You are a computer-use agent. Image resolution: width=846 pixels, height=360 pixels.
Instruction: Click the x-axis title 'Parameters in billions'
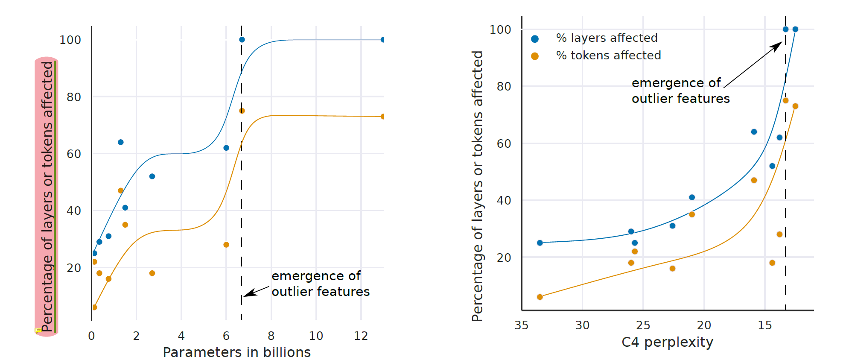point(236,352)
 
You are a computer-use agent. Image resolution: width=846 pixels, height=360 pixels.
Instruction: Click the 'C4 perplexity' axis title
point(667,342)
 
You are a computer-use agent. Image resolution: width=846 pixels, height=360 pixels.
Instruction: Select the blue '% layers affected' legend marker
point(535,39)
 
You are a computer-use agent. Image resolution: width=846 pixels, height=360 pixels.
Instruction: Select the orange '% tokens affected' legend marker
point(535,56)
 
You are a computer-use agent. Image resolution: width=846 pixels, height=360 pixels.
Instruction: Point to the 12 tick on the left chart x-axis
point(361,336)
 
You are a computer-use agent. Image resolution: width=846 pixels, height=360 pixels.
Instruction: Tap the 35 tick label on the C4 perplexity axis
point(522,325)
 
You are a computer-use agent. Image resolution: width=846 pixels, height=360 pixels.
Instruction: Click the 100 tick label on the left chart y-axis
point(70,40)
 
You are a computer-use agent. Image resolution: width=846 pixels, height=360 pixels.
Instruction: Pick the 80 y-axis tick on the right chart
point(504,87)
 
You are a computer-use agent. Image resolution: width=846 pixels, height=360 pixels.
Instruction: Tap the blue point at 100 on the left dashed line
point(242,40)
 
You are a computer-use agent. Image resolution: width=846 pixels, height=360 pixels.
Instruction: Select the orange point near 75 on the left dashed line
point(242,111)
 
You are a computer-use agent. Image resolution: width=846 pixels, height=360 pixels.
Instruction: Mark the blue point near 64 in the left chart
point(121,142)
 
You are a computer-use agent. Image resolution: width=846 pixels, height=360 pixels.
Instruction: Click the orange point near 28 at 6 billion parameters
point(226,245)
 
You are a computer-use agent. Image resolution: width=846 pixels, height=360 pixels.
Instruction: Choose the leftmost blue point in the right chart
point(540,243)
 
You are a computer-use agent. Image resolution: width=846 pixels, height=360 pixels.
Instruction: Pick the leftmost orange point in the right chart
point(540,297)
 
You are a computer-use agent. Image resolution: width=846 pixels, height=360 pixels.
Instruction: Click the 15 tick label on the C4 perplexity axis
point(765,325)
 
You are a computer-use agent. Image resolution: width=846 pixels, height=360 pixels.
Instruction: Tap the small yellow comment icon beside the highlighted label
point(38,330)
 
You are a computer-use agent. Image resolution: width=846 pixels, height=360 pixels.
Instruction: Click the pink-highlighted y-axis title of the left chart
point(47,196)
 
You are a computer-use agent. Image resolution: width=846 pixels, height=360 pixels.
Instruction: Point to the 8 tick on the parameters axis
point(271,336)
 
